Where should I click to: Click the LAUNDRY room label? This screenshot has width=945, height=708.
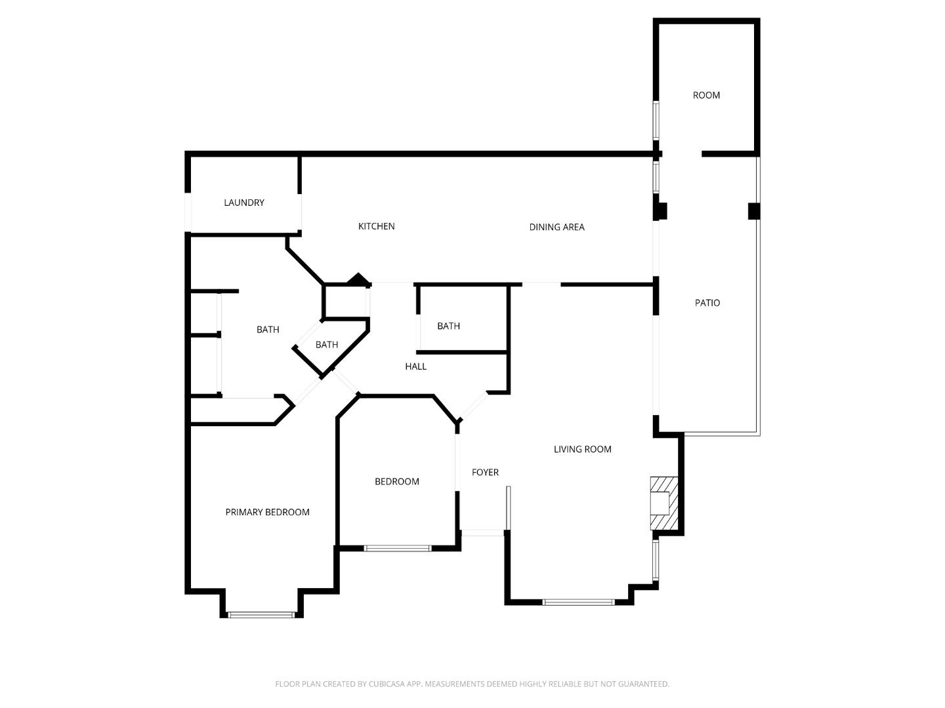[243, 203]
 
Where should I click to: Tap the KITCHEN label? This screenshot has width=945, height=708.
[376, 226]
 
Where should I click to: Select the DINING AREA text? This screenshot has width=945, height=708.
[556, 227]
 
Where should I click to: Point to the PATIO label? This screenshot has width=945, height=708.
[707, 303]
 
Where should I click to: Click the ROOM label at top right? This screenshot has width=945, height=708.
[706, 95]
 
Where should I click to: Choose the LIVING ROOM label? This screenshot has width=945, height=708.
[582, 449]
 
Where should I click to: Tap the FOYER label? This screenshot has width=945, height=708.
[485, 472]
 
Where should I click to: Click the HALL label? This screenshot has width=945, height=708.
[415, 366]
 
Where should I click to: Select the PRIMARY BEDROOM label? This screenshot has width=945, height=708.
[267, 512]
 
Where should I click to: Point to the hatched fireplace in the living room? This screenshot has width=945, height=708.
[663, 503]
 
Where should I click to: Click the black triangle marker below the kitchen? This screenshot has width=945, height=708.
[358, 280]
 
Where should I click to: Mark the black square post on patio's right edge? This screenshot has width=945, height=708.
[754, 211]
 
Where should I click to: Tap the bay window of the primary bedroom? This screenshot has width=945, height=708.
[261, 614]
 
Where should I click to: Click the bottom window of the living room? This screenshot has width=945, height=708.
[578, 601]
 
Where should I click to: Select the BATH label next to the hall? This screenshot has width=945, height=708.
[448, 326]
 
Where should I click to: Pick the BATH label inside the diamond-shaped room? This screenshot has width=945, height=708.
[326, 345]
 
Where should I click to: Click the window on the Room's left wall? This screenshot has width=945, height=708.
[656, 120]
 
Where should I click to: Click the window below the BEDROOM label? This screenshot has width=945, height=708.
[397, 547]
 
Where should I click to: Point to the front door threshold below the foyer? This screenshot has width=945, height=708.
[483, 532]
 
